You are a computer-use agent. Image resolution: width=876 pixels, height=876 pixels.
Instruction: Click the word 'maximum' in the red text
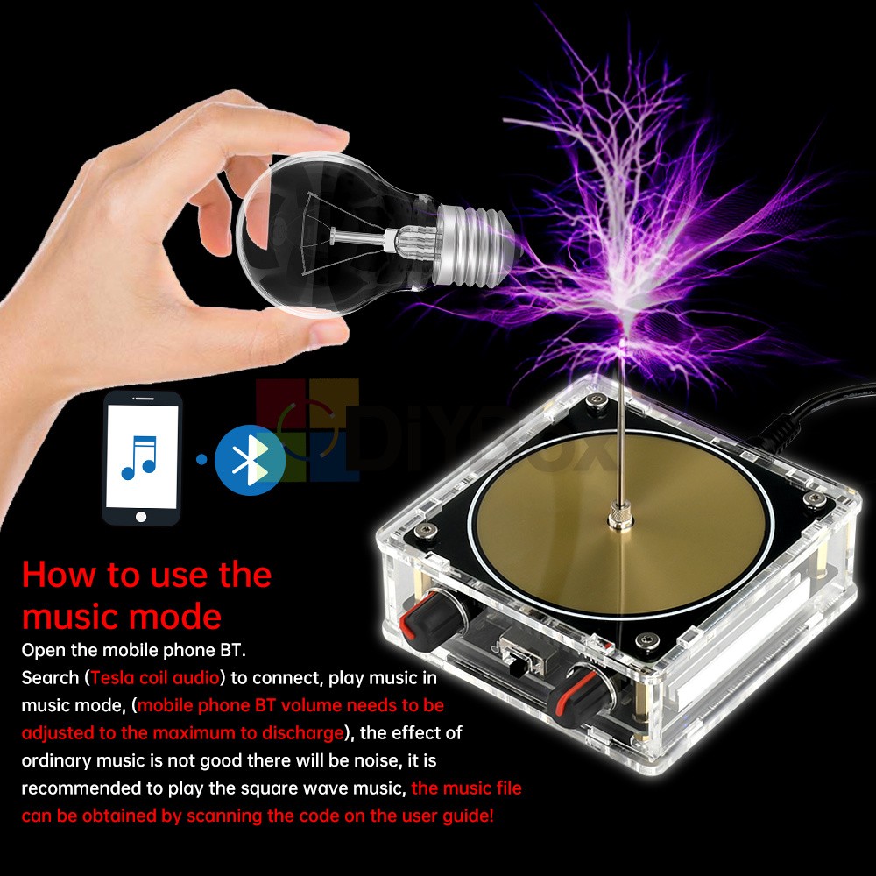[x=229, y=732]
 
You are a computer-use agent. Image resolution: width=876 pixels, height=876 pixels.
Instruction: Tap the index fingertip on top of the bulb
[x=333, y=133]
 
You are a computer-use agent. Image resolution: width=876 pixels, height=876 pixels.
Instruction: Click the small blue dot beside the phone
[x=201, y=459]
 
